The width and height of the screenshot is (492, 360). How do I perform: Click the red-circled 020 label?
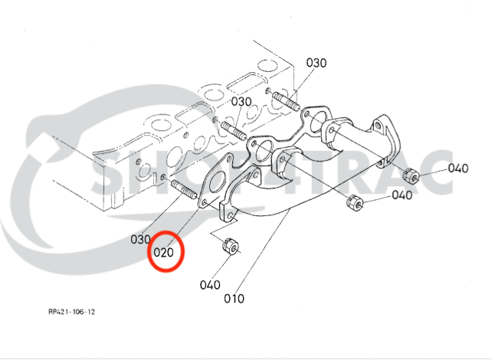166,251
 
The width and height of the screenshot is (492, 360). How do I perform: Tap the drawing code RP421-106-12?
72,312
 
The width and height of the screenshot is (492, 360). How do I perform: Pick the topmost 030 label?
317,62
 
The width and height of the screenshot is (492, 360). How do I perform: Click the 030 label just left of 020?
139,240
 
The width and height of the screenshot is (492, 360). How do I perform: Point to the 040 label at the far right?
458,169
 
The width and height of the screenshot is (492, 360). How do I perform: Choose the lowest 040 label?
209,285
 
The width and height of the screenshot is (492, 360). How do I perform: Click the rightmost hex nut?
410,175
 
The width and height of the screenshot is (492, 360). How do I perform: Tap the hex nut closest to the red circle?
229,247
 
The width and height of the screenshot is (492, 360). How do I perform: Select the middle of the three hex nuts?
354,203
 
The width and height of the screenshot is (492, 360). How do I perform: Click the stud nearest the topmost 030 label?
284,100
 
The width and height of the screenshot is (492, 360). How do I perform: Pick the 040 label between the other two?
402,195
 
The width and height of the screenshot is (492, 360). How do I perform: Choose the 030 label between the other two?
241,102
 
